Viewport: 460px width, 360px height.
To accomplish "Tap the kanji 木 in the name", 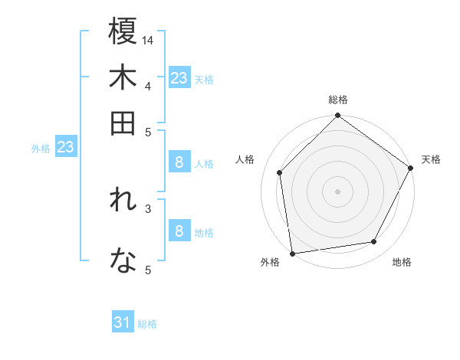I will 123,79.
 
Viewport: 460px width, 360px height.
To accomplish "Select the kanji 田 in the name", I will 123,123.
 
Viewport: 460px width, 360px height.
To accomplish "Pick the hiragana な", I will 123,263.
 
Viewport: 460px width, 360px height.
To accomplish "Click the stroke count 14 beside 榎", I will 148,39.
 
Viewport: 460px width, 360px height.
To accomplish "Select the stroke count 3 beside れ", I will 148,208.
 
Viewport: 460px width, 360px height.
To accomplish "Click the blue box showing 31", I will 123,322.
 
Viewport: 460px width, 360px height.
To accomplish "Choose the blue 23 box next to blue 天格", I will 179,78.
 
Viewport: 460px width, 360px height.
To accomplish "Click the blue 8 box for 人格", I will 179,162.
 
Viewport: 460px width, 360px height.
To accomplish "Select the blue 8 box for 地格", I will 179,231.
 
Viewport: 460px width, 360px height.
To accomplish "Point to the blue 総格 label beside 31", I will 147,324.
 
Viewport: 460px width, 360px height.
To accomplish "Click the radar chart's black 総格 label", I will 337,100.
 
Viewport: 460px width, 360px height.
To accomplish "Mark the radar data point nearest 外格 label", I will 293,253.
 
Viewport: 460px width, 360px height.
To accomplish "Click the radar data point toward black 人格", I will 280,172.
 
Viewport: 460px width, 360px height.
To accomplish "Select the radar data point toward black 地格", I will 374,242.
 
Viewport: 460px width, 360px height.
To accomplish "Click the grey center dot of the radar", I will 337,191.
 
